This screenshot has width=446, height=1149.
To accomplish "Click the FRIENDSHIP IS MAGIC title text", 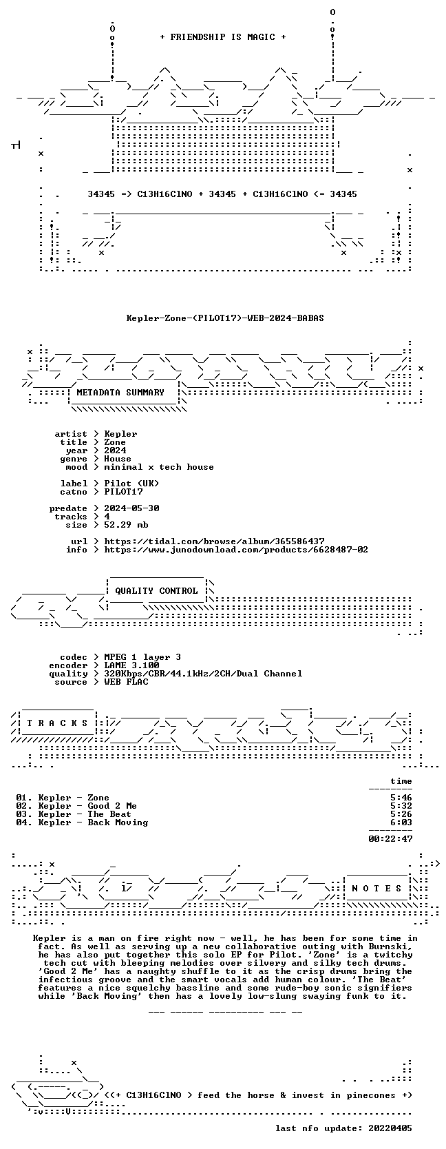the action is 223,37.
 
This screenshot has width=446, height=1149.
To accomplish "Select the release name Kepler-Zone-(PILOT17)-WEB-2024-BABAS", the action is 225,318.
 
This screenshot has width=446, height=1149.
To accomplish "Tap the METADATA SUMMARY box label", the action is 120,393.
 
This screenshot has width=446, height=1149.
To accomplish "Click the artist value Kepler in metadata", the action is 120,434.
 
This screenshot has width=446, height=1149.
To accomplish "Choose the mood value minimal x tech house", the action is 159,467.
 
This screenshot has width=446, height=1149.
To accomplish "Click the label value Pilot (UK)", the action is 131,483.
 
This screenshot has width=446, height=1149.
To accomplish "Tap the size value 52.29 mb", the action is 126,524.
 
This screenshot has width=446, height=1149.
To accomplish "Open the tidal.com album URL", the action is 214,541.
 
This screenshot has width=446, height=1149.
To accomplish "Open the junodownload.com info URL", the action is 236,550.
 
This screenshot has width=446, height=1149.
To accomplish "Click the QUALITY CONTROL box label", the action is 156,591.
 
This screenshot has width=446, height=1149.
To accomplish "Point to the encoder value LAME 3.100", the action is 131,665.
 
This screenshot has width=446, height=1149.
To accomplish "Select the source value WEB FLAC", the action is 126,682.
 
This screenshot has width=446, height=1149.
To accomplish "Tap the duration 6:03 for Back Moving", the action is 401,822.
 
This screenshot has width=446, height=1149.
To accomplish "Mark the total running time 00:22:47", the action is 390,838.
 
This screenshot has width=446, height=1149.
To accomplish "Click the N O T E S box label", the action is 376,889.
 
